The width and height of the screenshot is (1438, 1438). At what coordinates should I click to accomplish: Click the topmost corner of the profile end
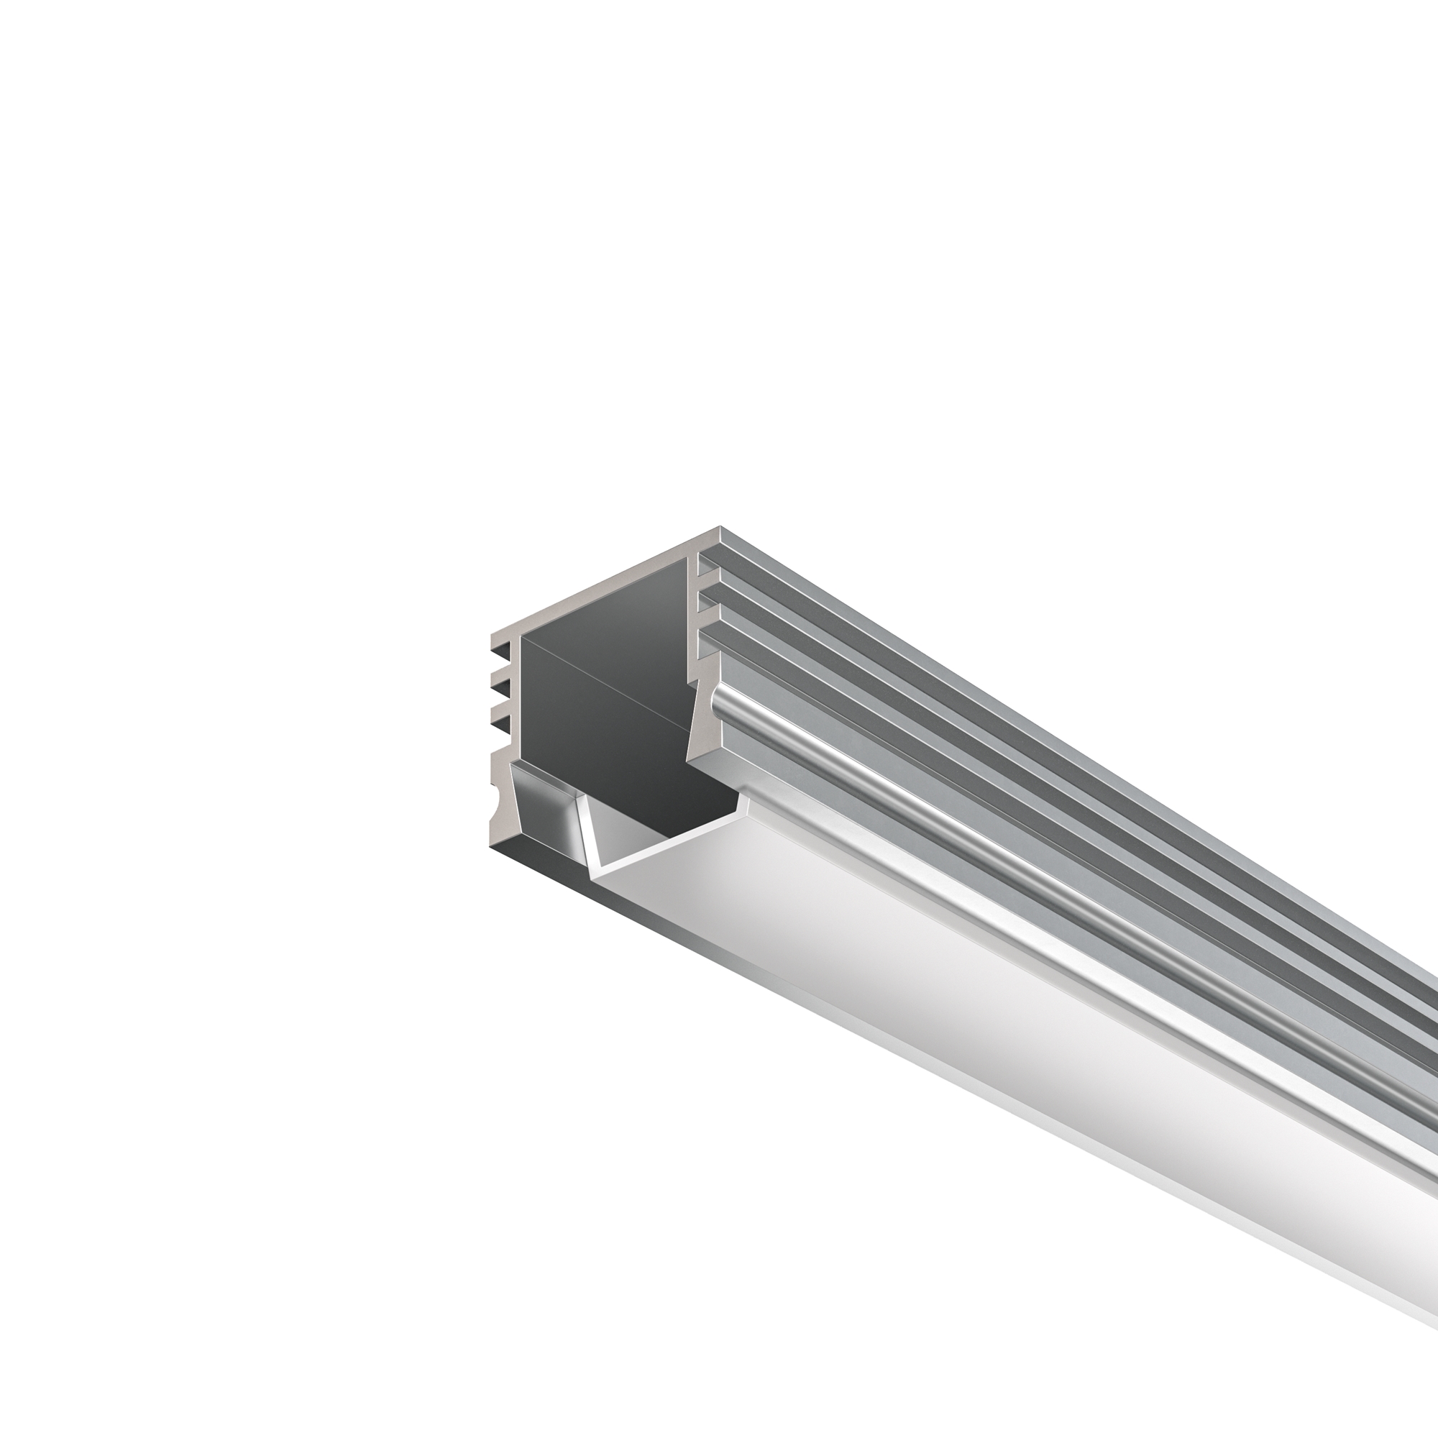click(x=720, y=528)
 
